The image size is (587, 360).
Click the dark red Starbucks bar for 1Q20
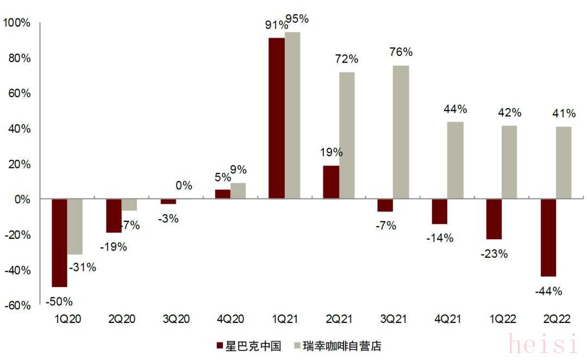59,243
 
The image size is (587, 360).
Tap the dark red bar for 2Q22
548,238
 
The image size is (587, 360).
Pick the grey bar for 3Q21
401,132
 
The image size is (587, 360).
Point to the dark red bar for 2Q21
331,182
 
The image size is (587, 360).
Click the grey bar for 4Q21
455,160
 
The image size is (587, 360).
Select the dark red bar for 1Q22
494,219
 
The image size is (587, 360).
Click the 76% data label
401,52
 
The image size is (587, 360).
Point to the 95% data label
297,19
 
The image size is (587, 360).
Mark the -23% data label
494,253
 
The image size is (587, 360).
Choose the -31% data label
83,267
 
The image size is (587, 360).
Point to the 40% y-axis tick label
18,129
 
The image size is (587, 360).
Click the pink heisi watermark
542,344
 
